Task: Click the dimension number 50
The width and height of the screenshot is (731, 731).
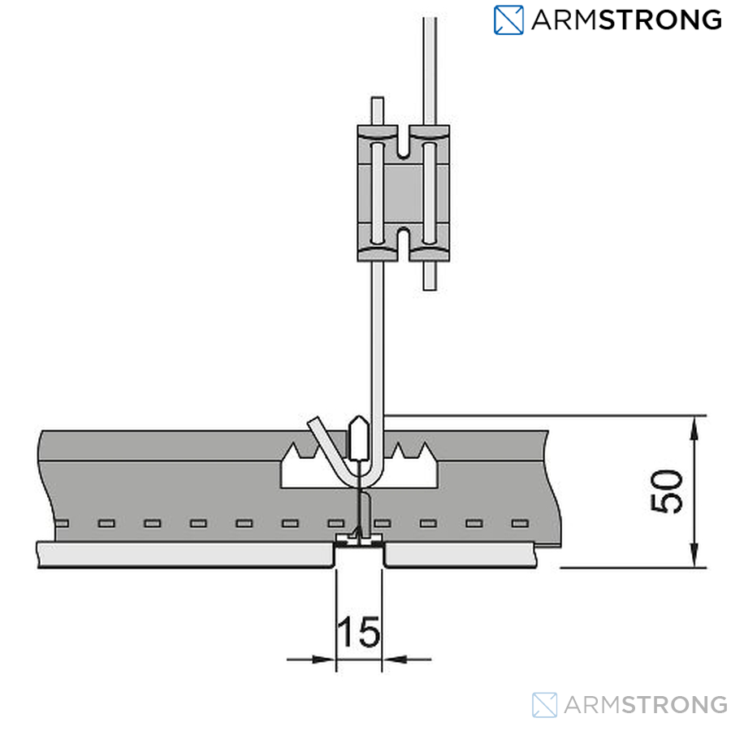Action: click(667, 491)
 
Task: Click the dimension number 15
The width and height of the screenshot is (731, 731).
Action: click(358, 632)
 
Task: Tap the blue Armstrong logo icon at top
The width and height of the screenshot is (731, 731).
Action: click(508, 20)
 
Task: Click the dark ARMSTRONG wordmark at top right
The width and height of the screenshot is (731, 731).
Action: click(626, 20)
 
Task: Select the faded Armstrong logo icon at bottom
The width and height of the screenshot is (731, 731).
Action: click(544, 705)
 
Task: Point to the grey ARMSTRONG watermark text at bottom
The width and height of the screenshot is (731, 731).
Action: click(646, 705)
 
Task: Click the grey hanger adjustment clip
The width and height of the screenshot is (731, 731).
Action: click(403, 193)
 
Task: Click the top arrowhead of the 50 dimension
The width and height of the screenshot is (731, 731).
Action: click(694, 427)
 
